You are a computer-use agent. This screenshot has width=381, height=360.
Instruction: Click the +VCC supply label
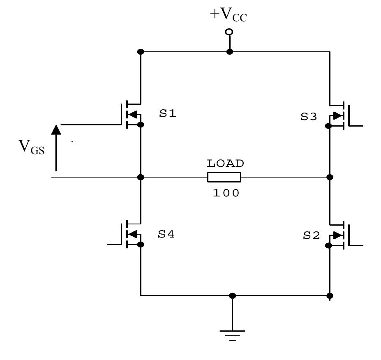(x=229, y=15)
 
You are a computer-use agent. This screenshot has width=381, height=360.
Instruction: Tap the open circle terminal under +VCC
(x=229, y=32)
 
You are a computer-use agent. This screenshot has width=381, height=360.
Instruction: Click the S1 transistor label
(x=168, y=113)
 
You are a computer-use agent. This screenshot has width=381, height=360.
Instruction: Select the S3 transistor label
(x=309, y=117)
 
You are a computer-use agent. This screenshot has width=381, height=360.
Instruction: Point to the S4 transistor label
(x=166, y=234)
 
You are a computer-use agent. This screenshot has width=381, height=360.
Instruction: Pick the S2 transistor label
(x=311, y=235)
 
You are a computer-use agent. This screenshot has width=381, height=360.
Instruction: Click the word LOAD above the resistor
(x=225, y=164)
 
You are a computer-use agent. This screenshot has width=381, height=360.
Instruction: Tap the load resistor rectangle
(x=224, y=177)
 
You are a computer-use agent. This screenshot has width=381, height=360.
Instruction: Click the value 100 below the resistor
(x=226, y=193)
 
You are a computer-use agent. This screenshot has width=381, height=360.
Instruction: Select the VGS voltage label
(x=31, y=147)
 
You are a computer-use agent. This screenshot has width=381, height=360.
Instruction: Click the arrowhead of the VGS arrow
(x=56, y=129)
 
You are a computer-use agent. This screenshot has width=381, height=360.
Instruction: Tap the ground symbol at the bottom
(x=232, y=334)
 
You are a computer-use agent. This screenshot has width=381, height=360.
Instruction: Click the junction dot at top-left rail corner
(x=141, y=52)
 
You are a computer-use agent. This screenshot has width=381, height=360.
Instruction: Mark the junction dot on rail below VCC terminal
(x=230, y=52)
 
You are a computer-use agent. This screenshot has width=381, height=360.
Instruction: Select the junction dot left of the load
(x=141, y=177)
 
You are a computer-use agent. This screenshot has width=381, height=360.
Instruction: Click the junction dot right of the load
(x=330, y=177)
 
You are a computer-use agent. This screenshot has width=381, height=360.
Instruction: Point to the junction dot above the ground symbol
(x=232, y=295)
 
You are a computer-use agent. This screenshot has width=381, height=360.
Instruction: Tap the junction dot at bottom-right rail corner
(x=330, y=295)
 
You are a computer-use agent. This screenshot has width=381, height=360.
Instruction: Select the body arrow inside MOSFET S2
(x=338, y=235)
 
